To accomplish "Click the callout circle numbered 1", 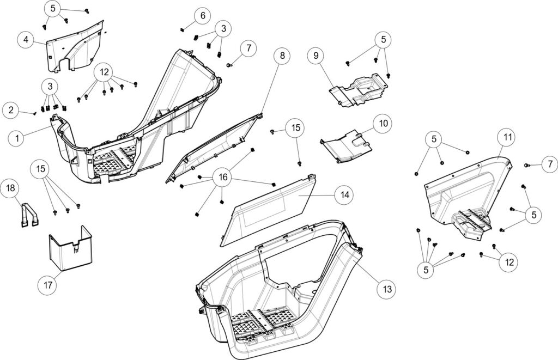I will [x=17, y=138].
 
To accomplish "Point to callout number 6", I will [x=202, y=15].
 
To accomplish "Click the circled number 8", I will [x=282, y=55].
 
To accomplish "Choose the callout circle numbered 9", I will [x=316, y=55].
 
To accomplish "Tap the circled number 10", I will [x=383, y=123].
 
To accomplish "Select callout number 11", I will [x=507, y=138].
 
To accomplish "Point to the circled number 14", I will [x=344, y=194].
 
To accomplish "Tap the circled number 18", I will [x=11, y=188].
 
